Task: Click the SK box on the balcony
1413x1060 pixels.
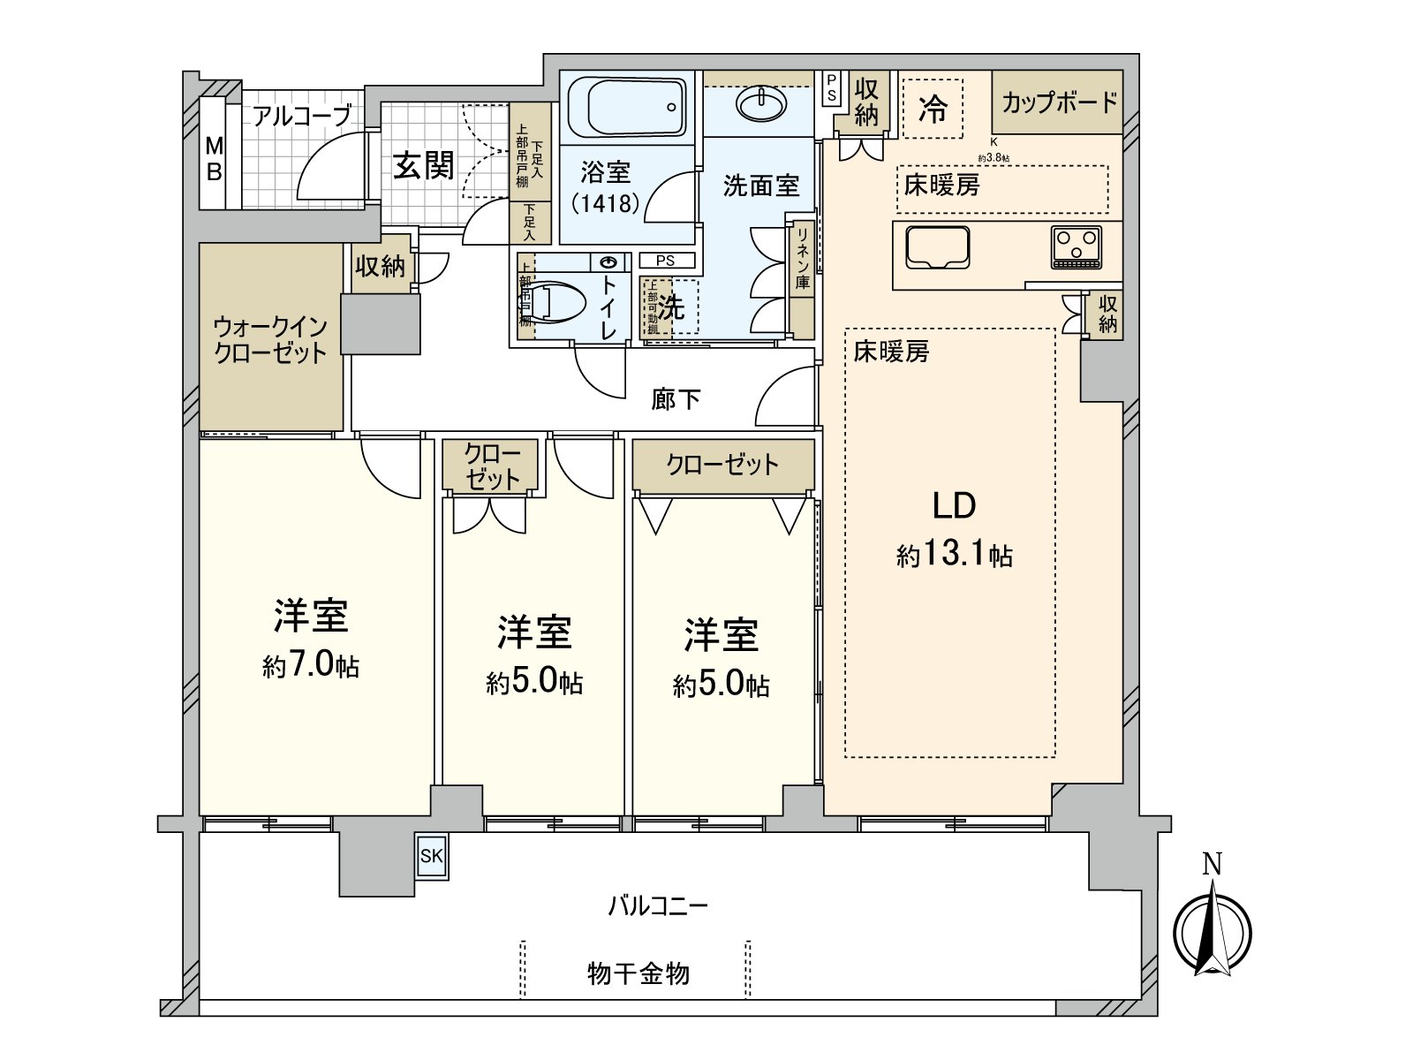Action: pos(432,856)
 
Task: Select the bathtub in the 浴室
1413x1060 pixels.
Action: pos(625,108)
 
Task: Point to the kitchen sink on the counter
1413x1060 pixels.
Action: pos(937,247)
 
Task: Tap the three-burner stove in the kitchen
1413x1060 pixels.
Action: pos(1076,247)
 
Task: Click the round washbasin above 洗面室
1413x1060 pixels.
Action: pos(760,105)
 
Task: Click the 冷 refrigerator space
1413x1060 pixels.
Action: pos(933,109)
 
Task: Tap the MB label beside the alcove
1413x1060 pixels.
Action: pos(214,158)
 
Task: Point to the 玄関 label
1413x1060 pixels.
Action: pos(424,165)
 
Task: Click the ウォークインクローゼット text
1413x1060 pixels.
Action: pos(270,340)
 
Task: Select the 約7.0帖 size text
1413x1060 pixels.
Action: pos(311,666)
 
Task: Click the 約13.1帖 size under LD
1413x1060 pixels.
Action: pos(955,556)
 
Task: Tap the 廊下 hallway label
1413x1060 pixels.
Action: pos(676,399)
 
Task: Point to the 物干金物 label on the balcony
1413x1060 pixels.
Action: pos(638,973)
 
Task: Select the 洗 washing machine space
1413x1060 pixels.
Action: pos(672,307)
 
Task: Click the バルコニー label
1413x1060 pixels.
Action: pos(658,906)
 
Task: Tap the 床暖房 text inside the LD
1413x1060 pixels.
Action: pos(891,352)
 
